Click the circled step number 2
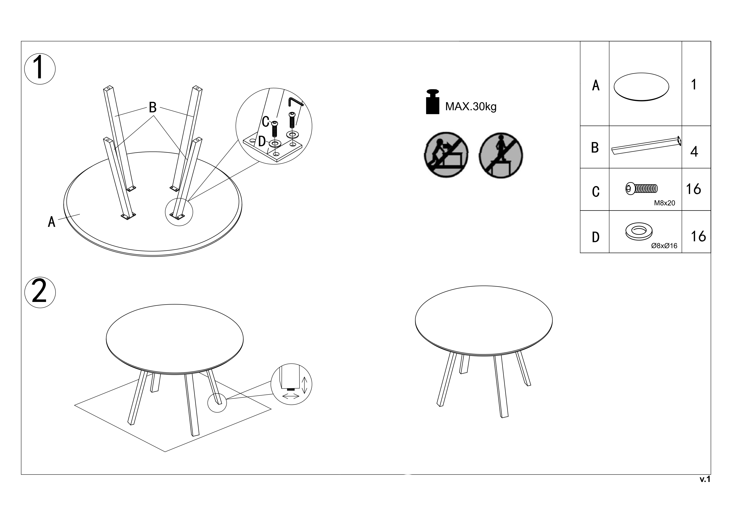(40, 292)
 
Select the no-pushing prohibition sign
(446, 155)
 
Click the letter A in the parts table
(596, 85)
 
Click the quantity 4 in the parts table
(694, 151)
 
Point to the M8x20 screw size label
(665, 203)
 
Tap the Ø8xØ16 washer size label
(664, 246)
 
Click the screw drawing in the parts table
(642, 188)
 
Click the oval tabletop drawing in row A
(641, 87)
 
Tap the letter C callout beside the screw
(266, 122)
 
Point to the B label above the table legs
(153, 107)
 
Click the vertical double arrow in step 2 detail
(304, 385)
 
